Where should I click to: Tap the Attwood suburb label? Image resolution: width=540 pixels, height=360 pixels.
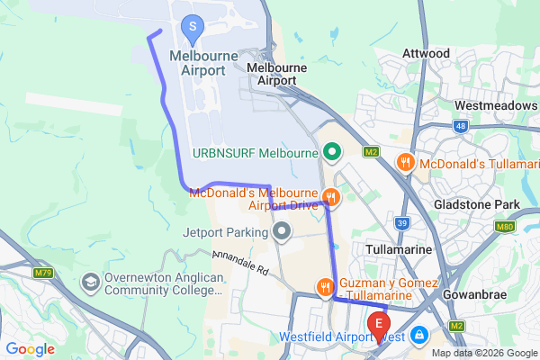click(x=427, y=54)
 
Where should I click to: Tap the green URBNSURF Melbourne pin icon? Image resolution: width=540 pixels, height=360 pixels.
click(x=330, y=151)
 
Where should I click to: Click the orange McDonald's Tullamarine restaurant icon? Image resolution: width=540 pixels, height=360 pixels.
click(x=406, y=163)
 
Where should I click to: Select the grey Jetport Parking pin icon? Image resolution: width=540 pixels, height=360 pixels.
click(x=283, y=233)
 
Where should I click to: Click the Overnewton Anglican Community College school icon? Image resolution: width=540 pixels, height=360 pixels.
click(x=91, y=283)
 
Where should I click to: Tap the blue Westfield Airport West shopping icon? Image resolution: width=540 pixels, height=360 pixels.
click(x=418, y=337)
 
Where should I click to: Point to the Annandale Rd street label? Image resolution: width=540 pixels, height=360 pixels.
click(x=240, y=264)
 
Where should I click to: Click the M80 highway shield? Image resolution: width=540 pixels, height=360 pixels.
click(x=506, y=228)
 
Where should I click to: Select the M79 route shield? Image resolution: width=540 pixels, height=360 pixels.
click(x=42, y=272)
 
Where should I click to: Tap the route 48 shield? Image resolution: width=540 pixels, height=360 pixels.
click(x=461, y=127)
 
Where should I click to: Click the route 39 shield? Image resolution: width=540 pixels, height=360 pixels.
click(x=402, y=222)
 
